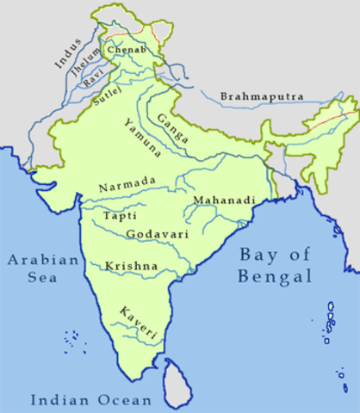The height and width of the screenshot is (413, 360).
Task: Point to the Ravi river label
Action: point(93,80)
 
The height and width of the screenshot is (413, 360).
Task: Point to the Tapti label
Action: point(119,216)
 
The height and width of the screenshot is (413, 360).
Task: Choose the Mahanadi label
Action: point(225,200)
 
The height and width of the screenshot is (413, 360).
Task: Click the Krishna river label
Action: point(131,267)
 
